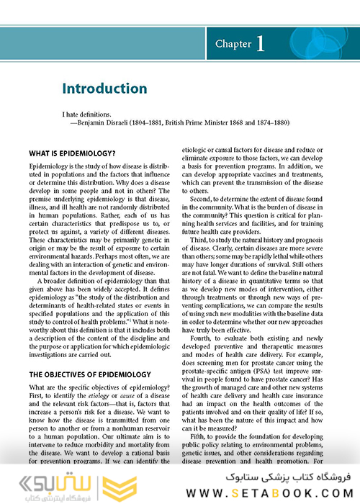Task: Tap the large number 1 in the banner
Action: pos(259,43)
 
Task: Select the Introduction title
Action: pos(104,89)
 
